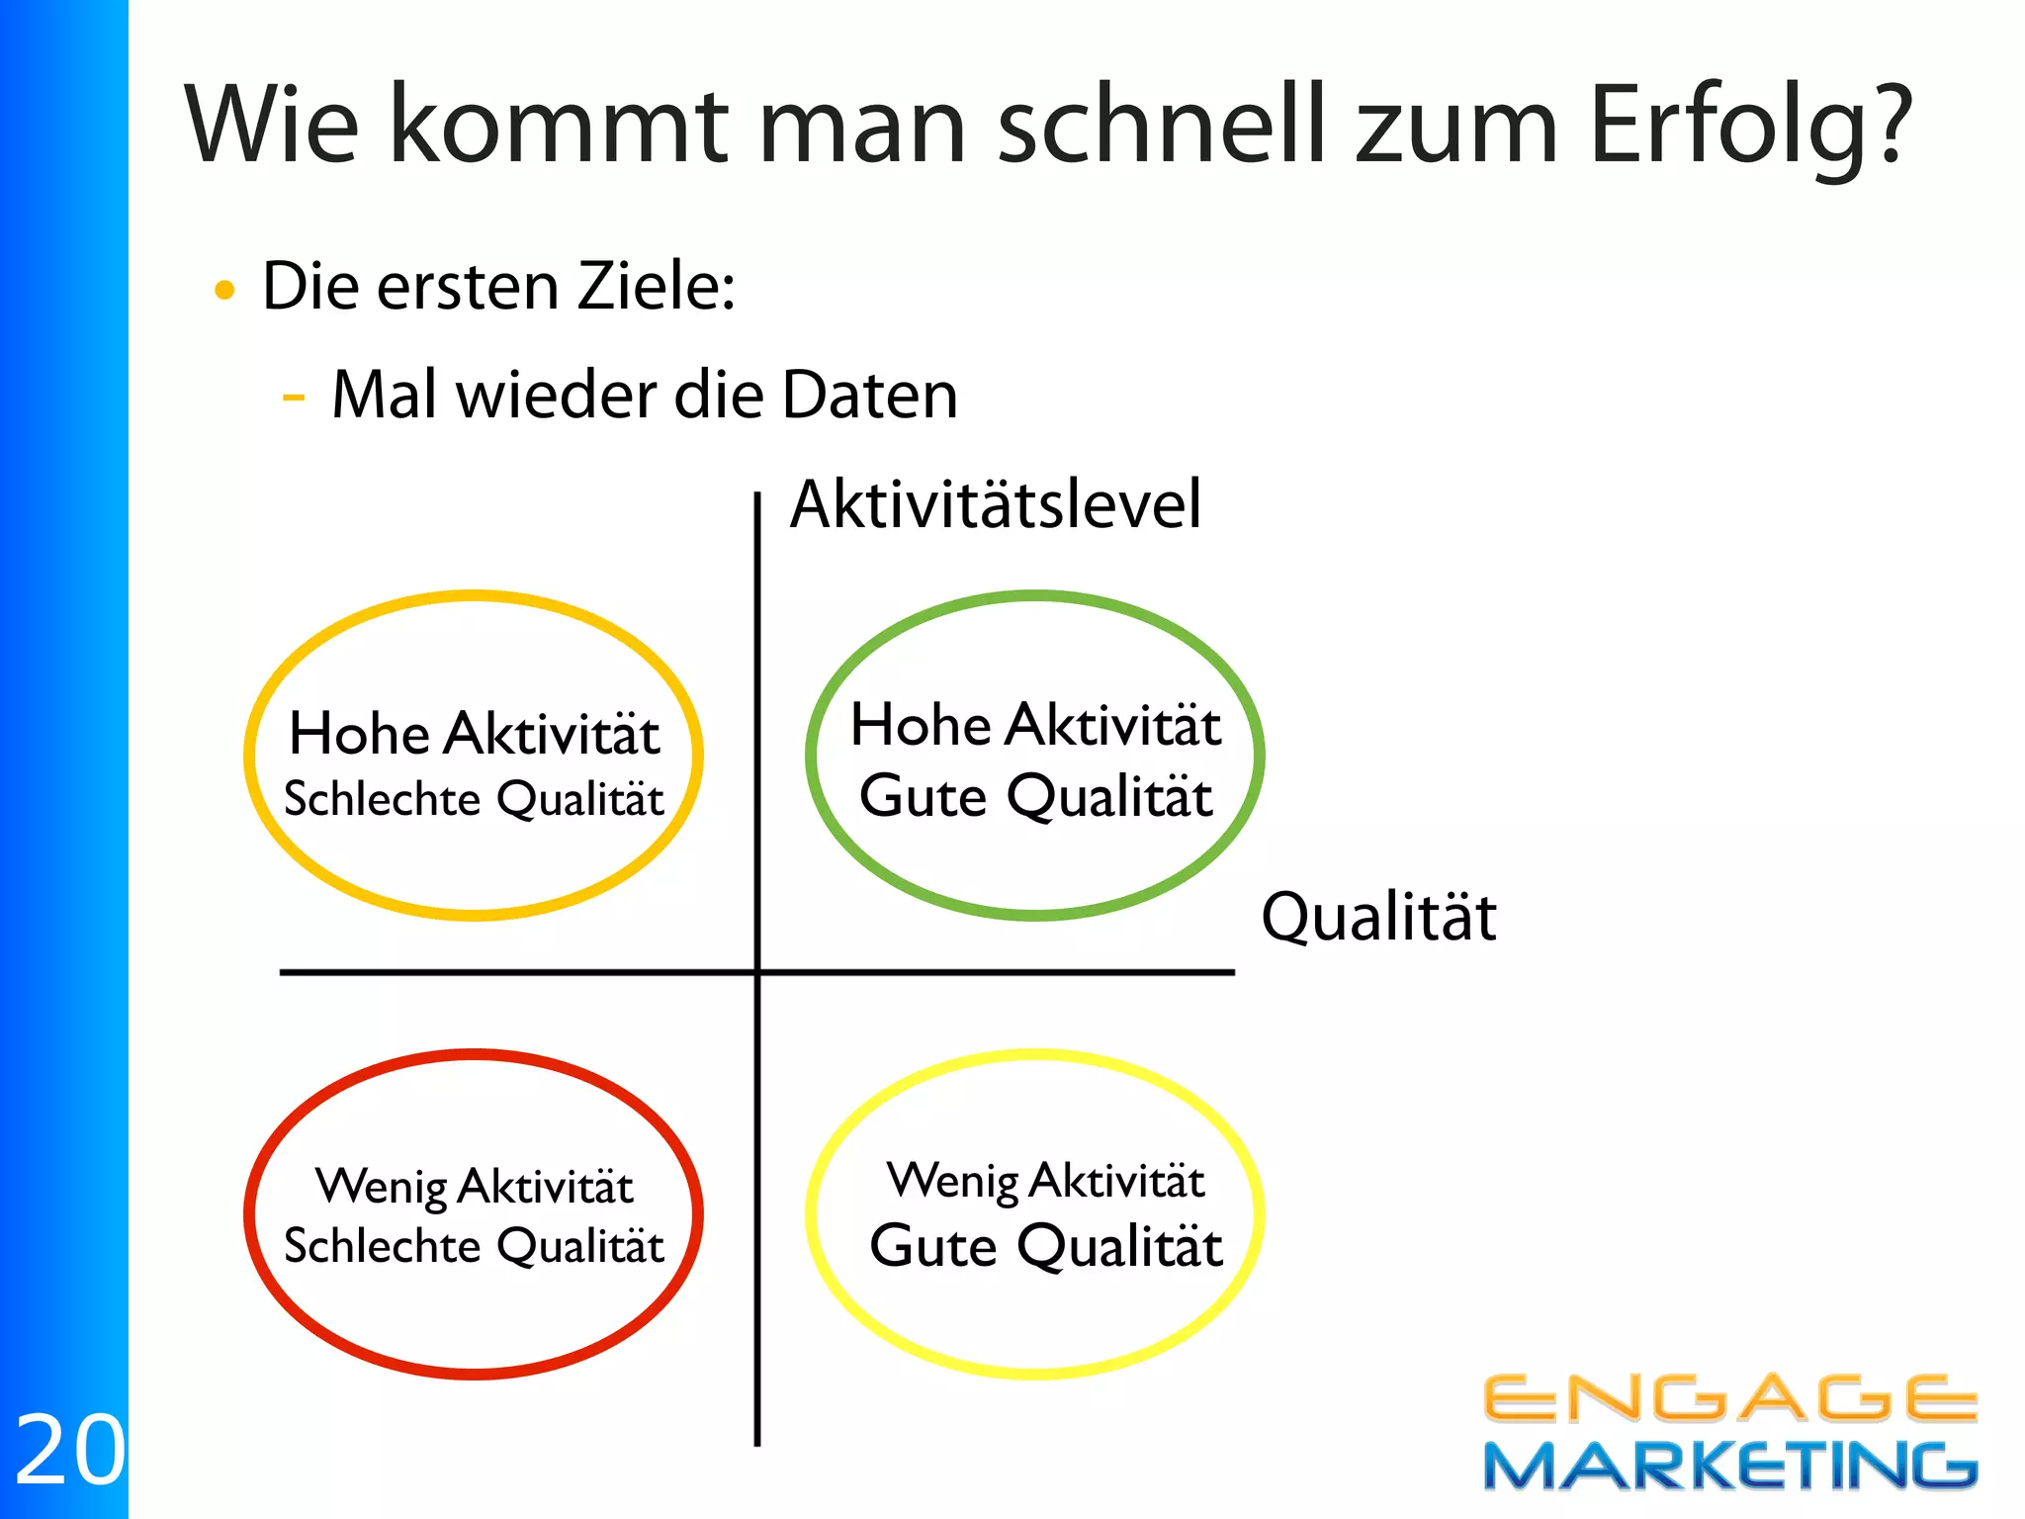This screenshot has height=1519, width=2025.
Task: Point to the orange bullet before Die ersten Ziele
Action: (225, 290)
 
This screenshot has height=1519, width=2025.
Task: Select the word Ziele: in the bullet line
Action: (657, 287)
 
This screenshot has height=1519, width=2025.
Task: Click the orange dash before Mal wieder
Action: (294, 398)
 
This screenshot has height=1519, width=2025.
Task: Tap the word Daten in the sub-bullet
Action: (869, 396)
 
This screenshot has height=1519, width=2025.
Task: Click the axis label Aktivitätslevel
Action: (996, 504)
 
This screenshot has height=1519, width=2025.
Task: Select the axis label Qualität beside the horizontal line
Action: (1378, 917)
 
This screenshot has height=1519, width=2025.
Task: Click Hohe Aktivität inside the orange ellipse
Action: (475, 734)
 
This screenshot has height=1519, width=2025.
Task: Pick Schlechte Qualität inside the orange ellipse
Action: (474, 799)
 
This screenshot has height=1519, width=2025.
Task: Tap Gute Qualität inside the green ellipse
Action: (1035, 796)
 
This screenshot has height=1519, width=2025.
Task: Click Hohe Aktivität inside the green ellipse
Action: (1035, 725)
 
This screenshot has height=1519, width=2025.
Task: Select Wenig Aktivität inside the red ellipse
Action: (475, 1186)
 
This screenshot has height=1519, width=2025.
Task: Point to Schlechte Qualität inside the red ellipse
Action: (474, 1246)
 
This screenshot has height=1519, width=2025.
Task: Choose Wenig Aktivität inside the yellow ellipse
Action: (1045, 1181)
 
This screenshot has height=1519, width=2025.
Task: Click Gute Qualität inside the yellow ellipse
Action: (1045, 1246)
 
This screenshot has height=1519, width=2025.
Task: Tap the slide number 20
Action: (69, 1451)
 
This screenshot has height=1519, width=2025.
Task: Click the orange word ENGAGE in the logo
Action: (1729, 1399)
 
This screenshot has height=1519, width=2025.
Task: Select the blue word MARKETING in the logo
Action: (1729, 1466)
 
